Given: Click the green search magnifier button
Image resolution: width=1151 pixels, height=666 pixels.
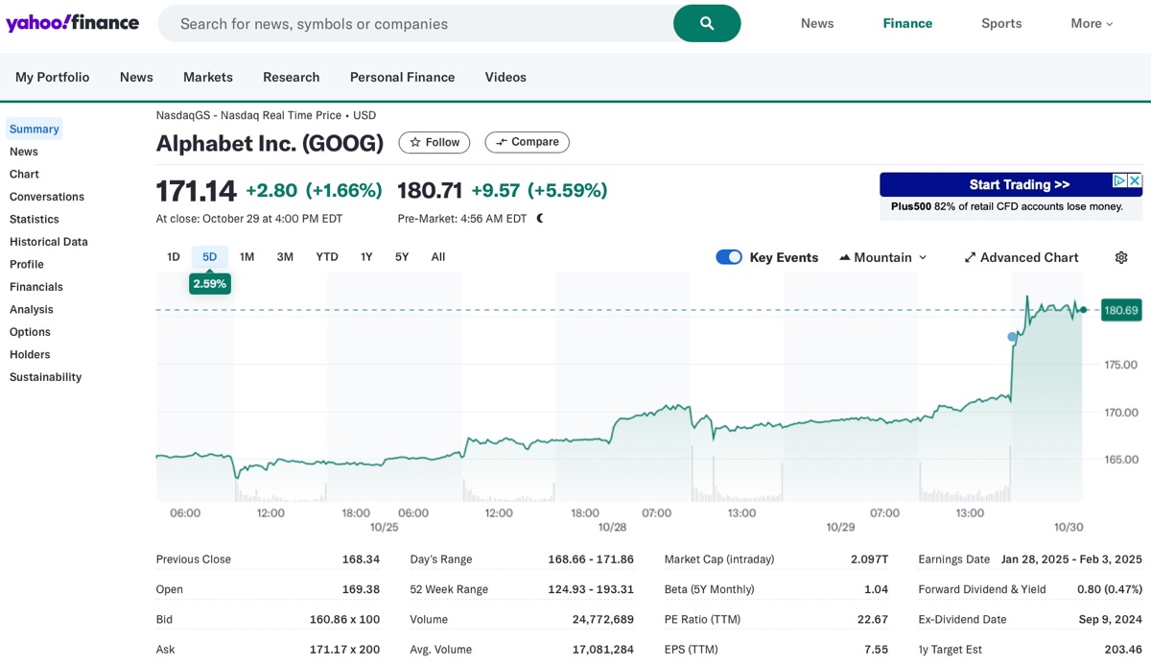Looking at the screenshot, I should coord(707,23).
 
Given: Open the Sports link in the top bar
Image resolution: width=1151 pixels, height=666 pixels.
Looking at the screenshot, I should coord(1001,23).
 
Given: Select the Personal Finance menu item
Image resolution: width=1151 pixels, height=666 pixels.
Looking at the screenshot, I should coord(402,77).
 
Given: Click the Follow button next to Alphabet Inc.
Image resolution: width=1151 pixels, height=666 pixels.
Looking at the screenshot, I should coord(435,142).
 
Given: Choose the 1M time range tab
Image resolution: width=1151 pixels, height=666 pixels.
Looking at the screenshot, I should coord(247,256).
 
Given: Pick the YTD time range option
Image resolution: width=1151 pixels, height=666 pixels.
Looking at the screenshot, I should coord(327,256).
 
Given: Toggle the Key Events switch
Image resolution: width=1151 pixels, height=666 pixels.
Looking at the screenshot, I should coord(729,257).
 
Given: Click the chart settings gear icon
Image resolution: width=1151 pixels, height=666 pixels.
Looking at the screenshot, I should coord(1121,257).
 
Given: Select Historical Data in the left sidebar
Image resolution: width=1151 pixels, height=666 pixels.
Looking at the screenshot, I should coord(49,242).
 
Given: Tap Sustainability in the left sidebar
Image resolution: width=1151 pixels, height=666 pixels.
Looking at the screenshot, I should coord(45,377).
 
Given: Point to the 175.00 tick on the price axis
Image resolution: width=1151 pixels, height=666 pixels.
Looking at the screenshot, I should coord(1120,365).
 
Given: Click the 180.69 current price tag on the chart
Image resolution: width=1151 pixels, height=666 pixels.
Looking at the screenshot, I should coord(1121,310).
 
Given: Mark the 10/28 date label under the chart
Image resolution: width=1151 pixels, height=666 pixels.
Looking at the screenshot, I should coord(612,528).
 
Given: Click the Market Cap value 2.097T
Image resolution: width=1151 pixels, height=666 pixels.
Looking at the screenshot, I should coord(869,559).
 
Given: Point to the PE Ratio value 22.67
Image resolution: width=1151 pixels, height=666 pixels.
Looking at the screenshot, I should coord(875,619).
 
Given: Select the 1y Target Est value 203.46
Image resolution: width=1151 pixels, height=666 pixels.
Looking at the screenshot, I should coord(1122,650).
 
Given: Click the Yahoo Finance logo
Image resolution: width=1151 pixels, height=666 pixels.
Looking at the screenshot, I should coord(72,23).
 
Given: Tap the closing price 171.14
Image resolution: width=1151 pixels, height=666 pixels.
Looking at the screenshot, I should coord(196,191).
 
